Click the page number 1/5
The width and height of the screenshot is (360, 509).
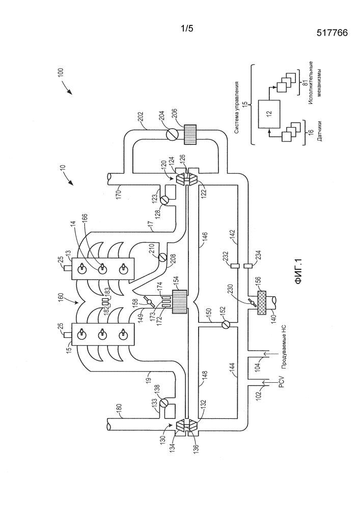187,29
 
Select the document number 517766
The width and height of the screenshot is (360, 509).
332,33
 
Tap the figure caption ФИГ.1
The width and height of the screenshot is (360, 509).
298,272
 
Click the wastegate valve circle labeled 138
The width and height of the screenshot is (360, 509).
164,404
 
